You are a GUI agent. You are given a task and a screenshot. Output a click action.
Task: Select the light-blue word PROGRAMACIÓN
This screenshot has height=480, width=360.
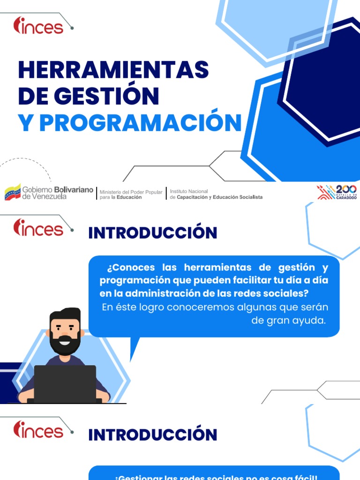coord(140,123)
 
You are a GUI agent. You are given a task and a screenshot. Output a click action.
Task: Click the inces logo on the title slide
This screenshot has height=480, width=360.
coord(39,25)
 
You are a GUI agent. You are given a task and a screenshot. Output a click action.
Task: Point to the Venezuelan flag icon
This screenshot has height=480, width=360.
coord(13,192)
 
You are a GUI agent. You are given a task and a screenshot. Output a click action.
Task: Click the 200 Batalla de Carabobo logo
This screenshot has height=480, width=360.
coord(337,192)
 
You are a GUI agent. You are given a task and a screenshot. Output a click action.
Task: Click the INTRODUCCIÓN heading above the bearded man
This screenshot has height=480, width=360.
coord(153,233)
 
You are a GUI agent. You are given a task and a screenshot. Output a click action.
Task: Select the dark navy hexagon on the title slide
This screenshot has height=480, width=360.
coord(323,80)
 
